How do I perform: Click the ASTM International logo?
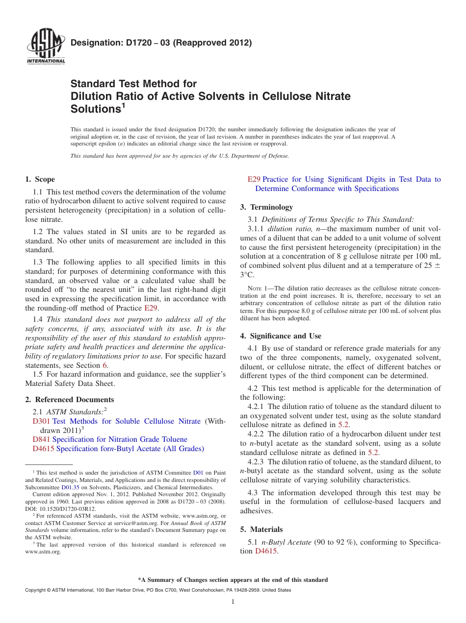[x=45, y=48]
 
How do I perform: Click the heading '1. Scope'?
[x=40, y=179]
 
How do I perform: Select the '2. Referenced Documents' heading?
[x=70, y=400]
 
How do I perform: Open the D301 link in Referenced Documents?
[x=41, y=421]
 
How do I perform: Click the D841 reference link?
[x=41, y=439]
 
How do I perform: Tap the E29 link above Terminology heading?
[x=254, y=179]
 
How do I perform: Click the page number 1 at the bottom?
[x=233, y=602]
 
